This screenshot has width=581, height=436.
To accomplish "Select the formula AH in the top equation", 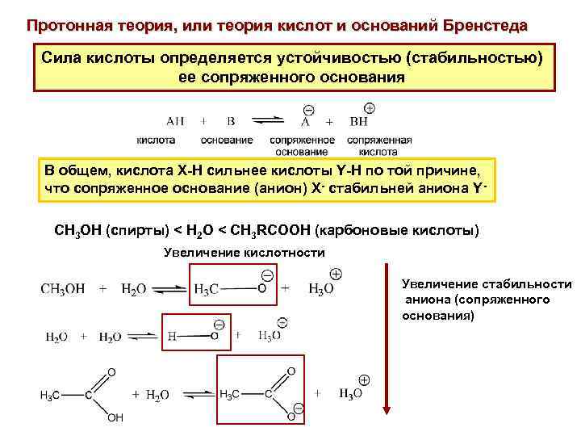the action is click(x=175, y=122).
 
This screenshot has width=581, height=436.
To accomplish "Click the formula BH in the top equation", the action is click(x=359, y=122).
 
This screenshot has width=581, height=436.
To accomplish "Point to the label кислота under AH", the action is click(x=156, y=139).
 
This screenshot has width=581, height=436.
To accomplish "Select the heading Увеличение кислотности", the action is click(x=244, y=253).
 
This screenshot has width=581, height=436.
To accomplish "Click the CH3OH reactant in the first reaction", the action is click(x=63, y=288).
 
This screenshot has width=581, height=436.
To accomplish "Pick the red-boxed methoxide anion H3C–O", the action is click(x=231, y=288).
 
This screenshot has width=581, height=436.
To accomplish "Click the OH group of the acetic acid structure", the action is click(x=115, y=418).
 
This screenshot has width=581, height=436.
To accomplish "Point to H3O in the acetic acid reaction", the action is click(x=350, y=394).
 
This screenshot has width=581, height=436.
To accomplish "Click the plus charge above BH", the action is click(x=370, y=107).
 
